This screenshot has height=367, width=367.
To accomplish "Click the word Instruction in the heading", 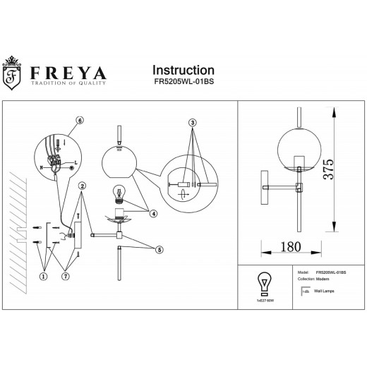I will [x=183, y=70].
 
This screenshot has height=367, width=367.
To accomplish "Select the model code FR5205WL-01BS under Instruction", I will [x=185, y=83].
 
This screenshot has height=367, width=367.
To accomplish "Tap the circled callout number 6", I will [x=80, y=121].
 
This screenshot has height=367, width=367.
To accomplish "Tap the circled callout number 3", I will [x=191, y=123].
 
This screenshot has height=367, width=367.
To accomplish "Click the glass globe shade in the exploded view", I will [x=118, y=163].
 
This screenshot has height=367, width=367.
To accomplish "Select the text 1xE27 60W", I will [x=264, y=301].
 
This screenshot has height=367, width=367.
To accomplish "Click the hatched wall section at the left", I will [x=17, y=212].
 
